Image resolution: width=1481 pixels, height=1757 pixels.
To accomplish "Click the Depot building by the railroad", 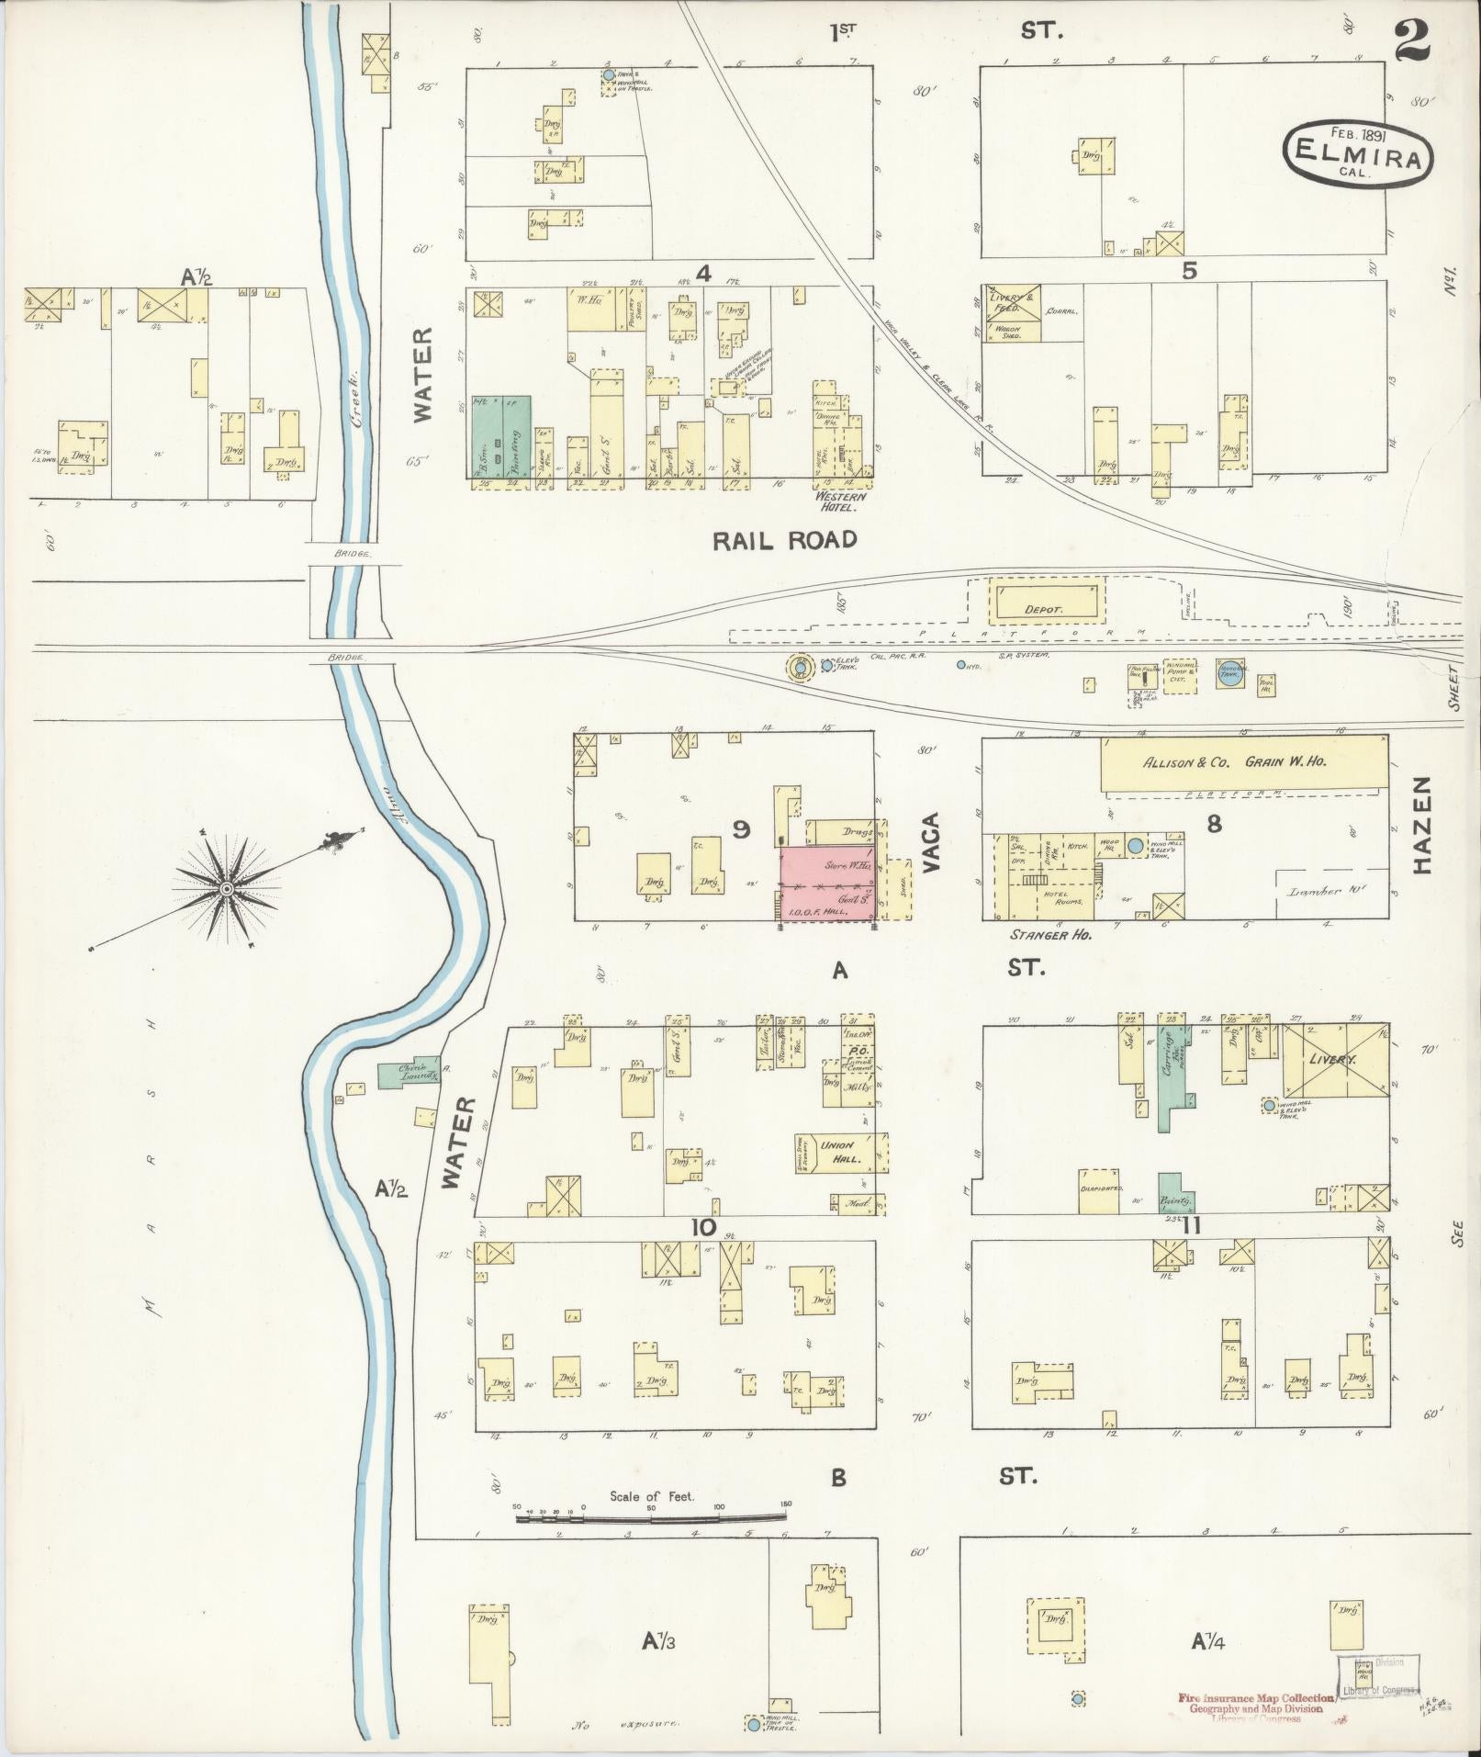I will pyautogui.click(x=1045, y=609).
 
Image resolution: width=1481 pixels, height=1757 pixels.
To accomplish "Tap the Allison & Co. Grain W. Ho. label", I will pyautogui.click(x=1234, y=761).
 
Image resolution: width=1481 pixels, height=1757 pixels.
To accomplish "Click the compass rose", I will pyautogui.click(x=226, y=888).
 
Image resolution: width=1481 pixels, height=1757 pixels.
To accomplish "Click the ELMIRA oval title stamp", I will pyautogui.click(x=1357, y=157).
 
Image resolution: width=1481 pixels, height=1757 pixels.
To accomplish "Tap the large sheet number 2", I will pyautogui.click(x=1415, y=41).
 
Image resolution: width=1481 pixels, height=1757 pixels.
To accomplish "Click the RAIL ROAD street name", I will pyautogui.click(x=785, y=540).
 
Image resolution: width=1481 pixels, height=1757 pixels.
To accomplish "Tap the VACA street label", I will pyautogui.click(x=931, y=841).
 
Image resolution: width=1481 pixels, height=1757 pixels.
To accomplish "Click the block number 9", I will pyautogui.click(x=741, y=829).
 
